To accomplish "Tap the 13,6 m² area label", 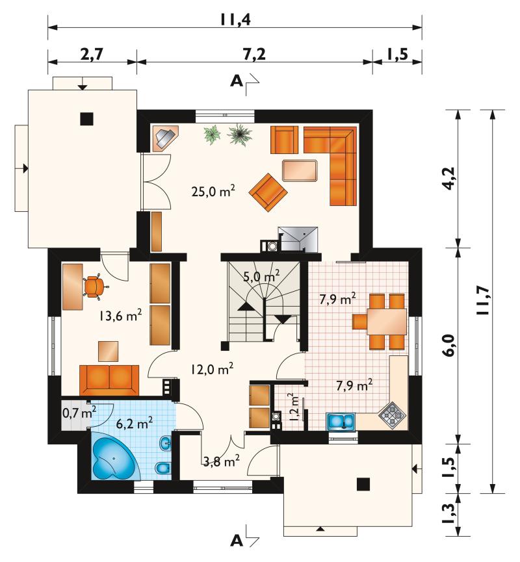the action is tap(120, 315).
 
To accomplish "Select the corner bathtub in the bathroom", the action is tap(114, 455).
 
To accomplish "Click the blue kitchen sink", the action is tap(341, 421).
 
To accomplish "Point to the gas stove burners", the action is tap(393, 415).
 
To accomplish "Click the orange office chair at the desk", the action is tap(94, 286).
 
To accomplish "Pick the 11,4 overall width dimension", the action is tap(235, 19).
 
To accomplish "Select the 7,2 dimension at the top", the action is tap(254, 54).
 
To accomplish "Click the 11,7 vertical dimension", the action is tap(483, 300).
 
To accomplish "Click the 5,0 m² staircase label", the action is tap(261, 277).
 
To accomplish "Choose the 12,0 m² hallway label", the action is tap(213, 368).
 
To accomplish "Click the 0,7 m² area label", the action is tap(79, 413).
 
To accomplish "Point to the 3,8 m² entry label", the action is tap(221, 461).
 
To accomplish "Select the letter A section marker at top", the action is tap(237, 81).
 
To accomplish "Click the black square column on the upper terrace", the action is tap(87, 119).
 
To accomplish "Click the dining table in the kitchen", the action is tap(387, 322).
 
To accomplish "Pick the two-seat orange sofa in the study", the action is tap(109, 380).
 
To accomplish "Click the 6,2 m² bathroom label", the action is tap(135, 424).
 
